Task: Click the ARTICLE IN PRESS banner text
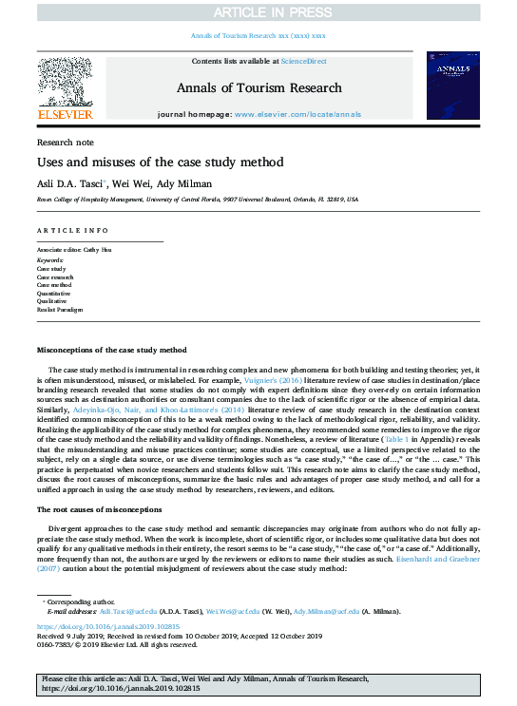[x=258, y=12]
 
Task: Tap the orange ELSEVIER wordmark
[x=65, y=115]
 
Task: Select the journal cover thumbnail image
[x=451, y=87]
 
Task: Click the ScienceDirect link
[x=302, y=62]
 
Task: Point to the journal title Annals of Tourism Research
[x=258, y=88]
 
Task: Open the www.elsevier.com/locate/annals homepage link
[x=297, y=114]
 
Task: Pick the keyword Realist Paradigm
[x=59, y=311]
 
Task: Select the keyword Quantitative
[x=53, y=294]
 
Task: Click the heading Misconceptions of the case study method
[x=124, y=351]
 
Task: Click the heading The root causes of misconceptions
[x=110, y=509]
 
